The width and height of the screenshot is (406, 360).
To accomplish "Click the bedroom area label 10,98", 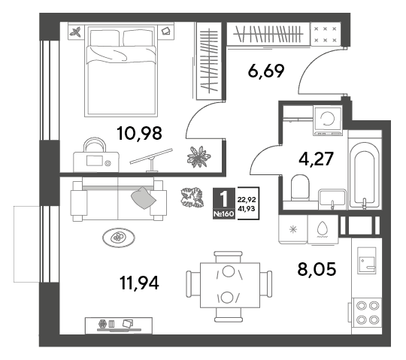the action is pos(139,134).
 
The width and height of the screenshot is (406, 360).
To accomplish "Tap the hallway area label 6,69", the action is pos(266,71).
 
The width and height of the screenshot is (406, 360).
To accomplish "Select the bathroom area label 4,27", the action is pos(316,159).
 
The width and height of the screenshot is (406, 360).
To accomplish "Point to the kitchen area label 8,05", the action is pos(317,269).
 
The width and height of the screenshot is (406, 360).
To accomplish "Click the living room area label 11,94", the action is pos(139,283).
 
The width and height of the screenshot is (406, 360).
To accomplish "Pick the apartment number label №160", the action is pos(224,214).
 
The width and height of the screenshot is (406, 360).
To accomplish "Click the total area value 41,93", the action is pos(247,209).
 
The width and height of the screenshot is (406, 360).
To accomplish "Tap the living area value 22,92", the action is pos(247,200).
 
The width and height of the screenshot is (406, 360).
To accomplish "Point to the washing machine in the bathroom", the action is pos(328,119).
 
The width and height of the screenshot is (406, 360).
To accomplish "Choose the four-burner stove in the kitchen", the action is pos(366,313).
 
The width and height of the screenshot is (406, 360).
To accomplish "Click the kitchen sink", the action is pos(367,260).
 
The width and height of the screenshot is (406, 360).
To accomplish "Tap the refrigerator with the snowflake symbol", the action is pos(293,229).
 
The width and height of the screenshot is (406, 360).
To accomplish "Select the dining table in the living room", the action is pos(229,285).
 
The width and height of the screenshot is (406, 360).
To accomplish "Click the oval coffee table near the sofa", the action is pos(119,237).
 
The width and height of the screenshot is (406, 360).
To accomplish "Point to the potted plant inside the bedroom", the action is pos(198,156).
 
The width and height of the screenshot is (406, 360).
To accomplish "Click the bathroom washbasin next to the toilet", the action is pos(332,198).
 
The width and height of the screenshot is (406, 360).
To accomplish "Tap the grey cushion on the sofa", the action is pos(143,198).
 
